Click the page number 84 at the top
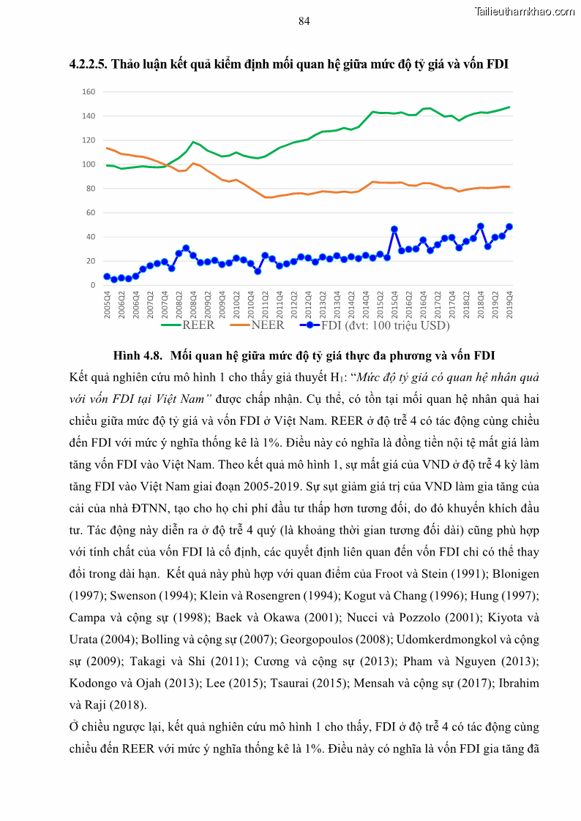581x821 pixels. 304,21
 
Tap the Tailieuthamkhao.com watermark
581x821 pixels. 525,11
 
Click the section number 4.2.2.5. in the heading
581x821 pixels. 89,64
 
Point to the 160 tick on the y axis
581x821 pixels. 89,92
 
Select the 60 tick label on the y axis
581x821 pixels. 91,213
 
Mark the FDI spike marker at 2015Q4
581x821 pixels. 394,229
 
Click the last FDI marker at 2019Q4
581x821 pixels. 509,227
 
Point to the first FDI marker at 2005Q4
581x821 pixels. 107,276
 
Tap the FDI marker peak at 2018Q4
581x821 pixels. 481,227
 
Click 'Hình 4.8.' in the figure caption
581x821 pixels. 138,356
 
